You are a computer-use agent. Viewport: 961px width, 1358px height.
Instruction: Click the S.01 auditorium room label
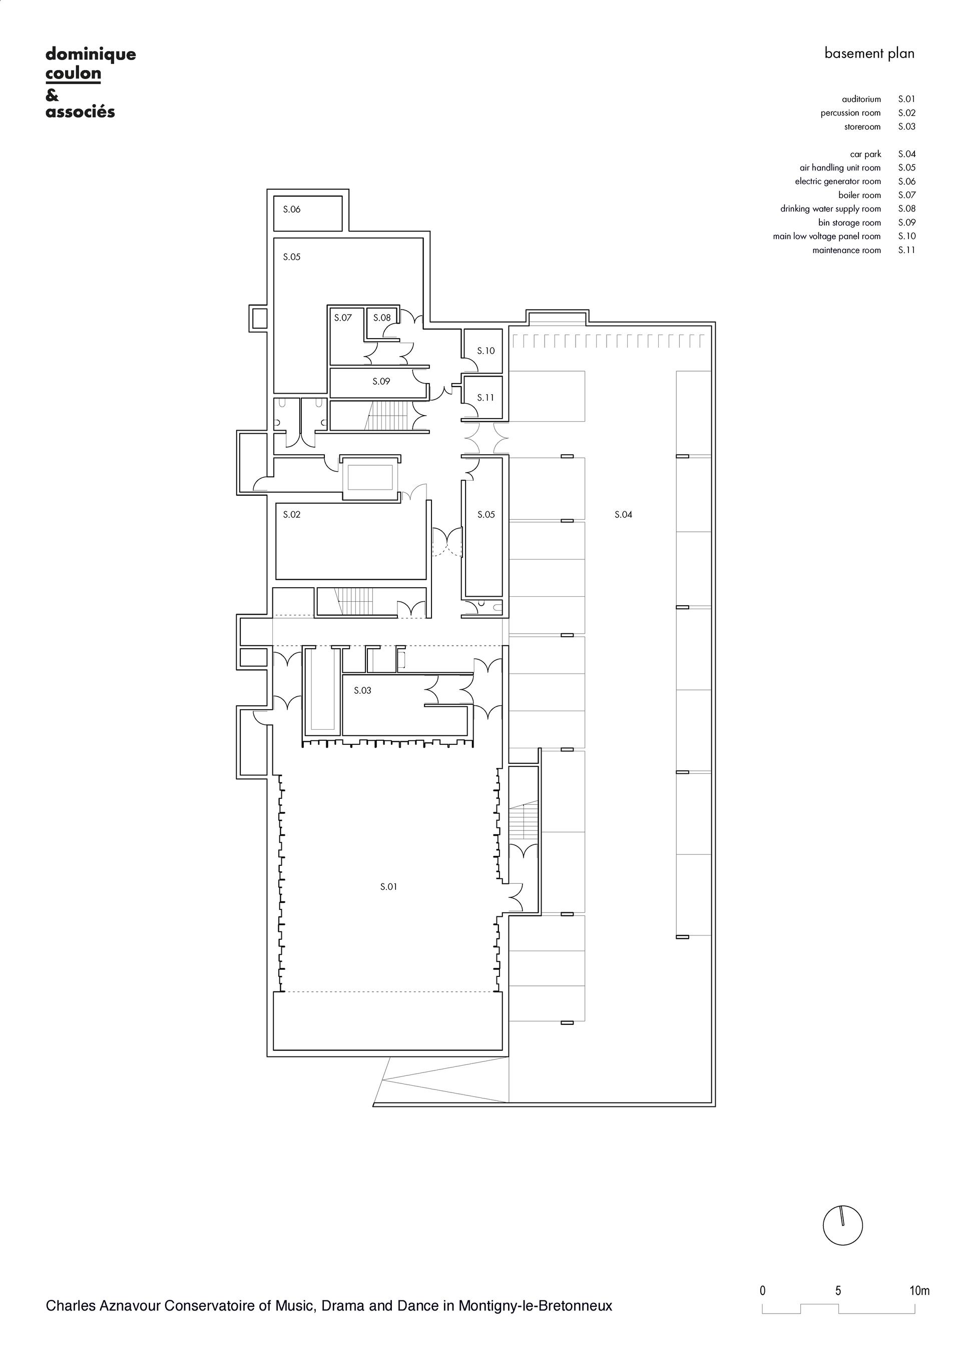click(388, 887)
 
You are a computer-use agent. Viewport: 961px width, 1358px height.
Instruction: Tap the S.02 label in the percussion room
click(292, 515)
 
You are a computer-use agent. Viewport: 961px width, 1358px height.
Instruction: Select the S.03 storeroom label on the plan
click(363, 690)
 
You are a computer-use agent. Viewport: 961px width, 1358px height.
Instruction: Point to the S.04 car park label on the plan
click(624, 515)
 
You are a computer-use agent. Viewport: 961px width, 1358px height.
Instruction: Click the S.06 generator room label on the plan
click(292, 210)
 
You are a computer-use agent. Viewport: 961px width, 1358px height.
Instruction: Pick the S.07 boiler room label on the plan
click(343, 318)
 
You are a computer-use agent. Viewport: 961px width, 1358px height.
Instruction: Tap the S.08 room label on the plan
click(382, 318)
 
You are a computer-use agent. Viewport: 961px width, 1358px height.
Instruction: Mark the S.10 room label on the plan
click(486, 351)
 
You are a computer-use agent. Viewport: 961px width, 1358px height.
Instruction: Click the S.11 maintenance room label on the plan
click(486, 398)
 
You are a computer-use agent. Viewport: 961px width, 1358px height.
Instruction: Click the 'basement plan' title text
click(870, 54)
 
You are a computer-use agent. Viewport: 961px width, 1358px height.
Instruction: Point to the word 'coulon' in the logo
click(74, 74)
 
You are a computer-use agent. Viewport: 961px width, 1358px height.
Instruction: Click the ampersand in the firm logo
click(52, 95)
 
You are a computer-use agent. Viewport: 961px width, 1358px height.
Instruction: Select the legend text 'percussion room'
click(851, 113)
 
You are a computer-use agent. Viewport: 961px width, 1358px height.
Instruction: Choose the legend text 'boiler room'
click(860, 195)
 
